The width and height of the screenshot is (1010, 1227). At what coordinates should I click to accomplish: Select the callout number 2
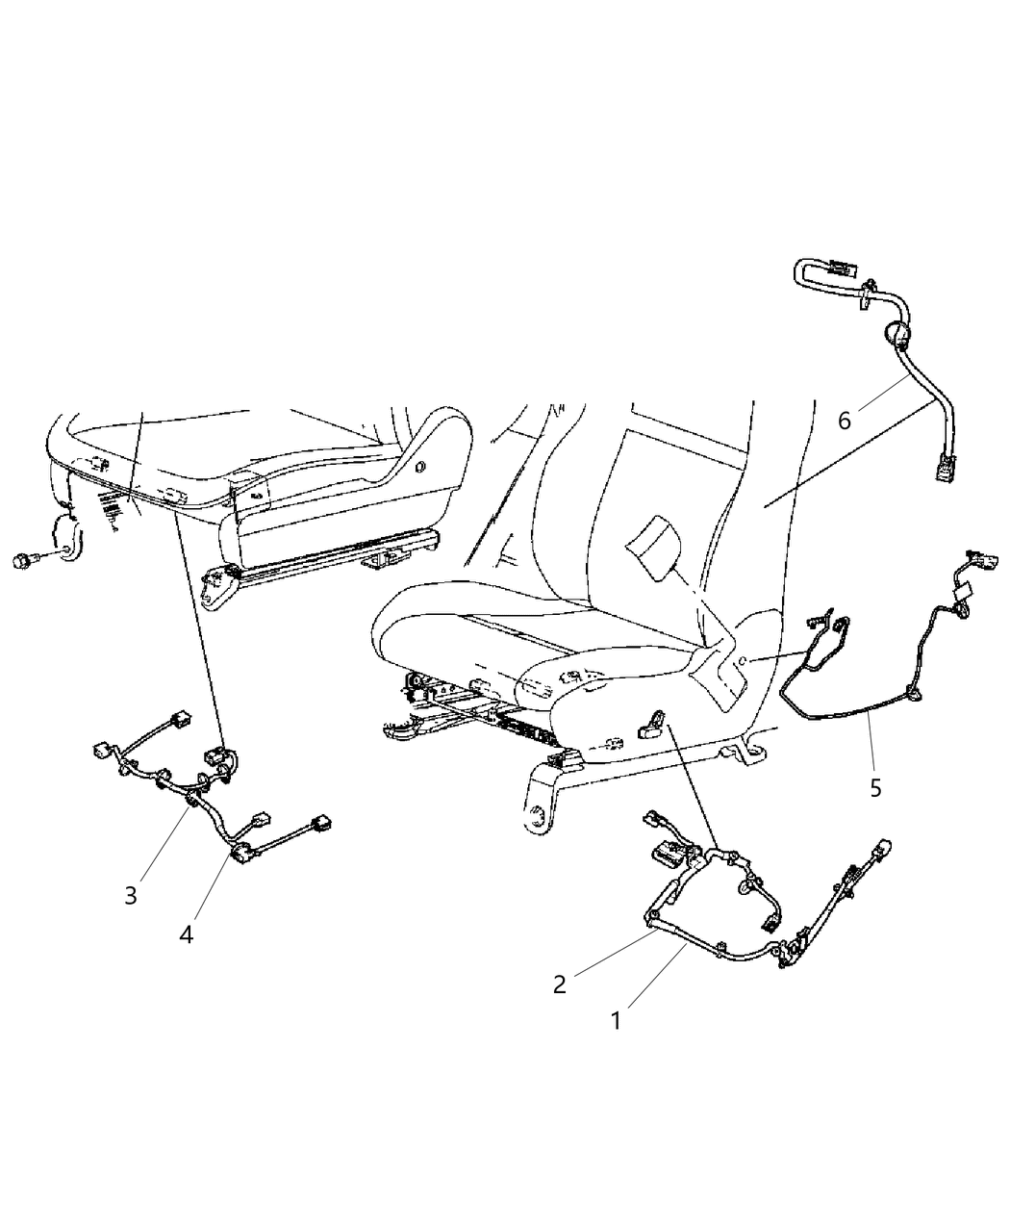point(558,984)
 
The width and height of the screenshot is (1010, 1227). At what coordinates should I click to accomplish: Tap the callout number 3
point(131,894)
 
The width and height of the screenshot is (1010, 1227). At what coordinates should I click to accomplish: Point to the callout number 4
point(186,933)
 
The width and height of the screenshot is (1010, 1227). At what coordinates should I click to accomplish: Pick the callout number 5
point(874,787)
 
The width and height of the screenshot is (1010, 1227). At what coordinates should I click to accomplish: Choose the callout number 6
point(845,420)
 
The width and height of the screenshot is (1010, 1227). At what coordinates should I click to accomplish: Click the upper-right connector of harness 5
point(974,558)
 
